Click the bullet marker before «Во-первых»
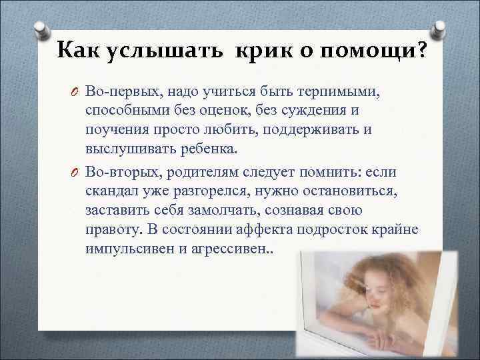coord(75,91)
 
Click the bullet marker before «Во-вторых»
coord(75,173)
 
